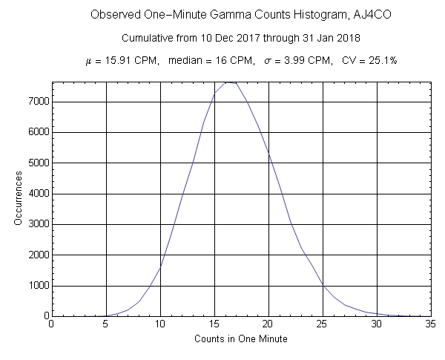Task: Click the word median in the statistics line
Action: coord(189,60)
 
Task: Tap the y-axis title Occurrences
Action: coord(18,200)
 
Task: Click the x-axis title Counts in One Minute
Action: coord(240,339)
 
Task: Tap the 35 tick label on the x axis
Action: coord(431,324)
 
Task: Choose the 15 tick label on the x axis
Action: coord(214,324)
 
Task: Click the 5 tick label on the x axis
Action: coord(106,324)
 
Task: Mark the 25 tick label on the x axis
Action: coord(323,324)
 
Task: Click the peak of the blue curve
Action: coord(230,82)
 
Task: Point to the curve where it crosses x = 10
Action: coord(160,268)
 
